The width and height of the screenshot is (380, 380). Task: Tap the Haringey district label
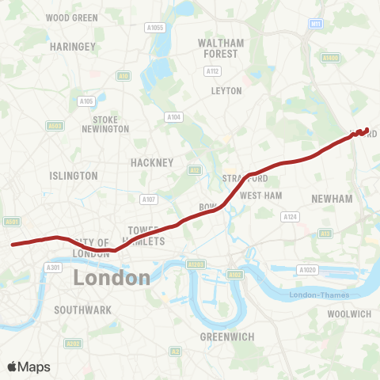[x=72, y=47]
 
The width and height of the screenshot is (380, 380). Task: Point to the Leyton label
[x=226, y=90]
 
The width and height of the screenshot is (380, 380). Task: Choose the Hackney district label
[x=151, y=162]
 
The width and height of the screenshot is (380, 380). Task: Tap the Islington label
[x=74, y=176]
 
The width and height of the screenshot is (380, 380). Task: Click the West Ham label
[x=260, y=195]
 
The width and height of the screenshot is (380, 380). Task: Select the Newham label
[x=332, y=199]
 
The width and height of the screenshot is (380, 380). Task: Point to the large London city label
[x=112, y=278]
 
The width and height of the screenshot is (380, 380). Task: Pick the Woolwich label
[x=349, y=314]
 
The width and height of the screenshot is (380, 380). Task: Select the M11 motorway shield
[x=317, y=25]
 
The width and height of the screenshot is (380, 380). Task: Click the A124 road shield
[x=290, y=216]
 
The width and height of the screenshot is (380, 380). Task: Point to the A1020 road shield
[x=308, y=270]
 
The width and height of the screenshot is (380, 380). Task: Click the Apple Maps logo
[x=28, y=367]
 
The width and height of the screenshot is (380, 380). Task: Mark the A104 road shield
[x=173, y=117]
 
